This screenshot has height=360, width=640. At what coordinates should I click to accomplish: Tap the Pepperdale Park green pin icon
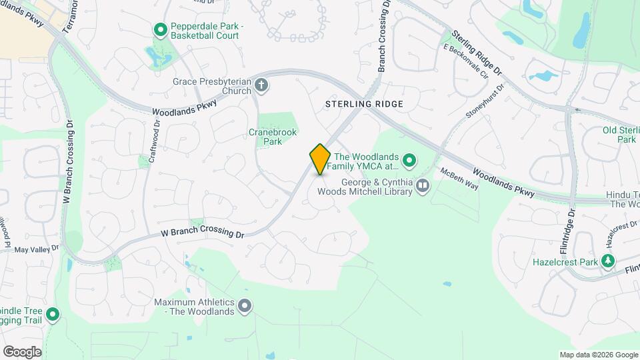(x=160, y=30)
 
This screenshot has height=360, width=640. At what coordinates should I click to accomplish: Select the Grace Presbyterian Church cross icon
(x=261, y=85)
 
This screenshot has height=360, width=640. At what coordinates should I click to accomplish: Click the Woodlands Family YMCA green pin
(x=410, y=160)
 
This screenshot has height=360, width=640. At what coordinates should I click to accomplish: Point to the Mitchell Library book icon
(x=422, y=185)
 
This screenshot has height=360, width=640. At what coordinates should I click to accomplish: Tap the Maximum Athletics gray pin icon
(x=245, y=307)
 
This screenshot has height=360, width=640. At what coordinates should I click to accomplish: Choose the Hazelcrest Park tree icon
(x=607, y=262)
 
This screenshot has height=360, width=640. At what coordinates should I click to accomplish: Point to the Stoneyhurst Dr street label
(x=484, y=105)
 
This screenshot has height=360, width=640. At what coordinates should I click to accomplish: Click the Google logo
(x=22, y=351)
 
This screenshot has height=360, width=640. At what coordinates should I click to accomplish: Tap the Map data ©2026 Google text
(x=599, y=355)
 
